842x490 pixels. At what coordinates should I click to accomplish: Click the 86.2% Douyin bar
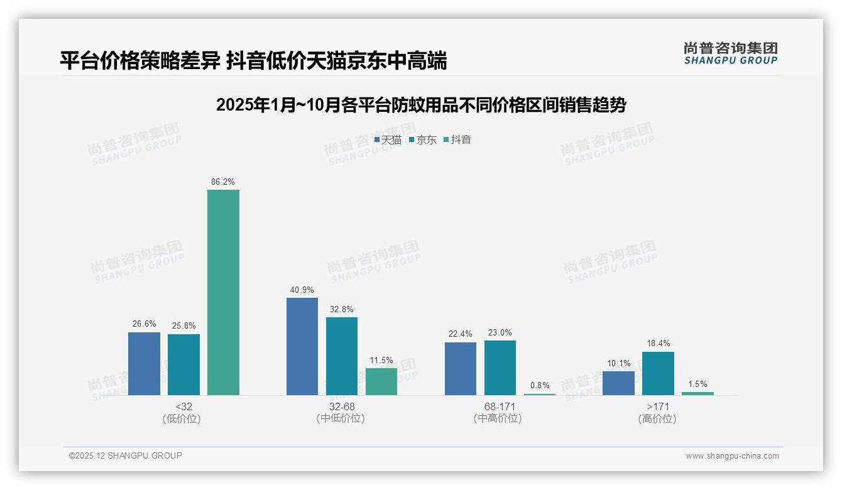(223, 292)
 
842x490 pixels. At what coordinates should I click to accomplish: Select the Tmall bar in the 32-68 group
(302, 346)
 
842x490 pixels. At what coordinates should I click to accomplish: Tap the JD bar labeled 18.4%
(658, 373)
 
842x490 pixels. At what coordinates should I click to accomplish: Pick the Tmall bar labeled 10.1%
(618, 383)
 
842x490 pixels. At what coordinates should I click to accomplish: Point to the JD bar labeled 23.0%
(500, 367)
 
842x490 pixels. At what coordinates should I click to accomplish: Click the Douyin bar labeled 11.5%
(381, 381)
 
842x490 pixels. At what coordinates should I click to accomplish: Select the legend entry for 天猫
(388, 139)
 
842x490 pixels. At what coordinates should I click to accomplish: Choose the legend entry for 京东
(423, 139)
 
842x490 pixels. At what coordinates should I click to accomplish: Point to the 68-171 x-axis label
(500, 407)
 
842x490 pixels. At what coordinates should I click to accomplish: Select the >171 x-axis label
(657, 407)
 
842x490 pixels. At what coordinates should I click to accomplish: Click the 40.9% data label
(302, 290)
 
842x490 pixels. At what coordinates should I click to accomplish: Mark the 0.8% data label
(540, 386)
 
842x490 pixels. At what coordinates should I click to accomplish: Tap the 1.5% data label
(697, 384)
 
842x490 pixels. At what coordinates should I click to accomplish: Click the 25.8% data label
(183, 326)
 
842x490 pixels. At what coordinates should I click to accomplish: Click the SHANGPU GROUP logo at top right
(730, 53)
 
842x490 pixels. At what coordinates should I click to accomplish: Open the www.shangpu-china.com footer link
(732, 456)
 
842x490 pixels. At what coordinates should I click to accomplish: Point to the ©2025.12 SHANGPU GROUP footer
(126, 455)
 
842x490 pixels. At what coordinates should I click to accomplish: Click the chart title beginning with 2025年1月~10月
(420, 105)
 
